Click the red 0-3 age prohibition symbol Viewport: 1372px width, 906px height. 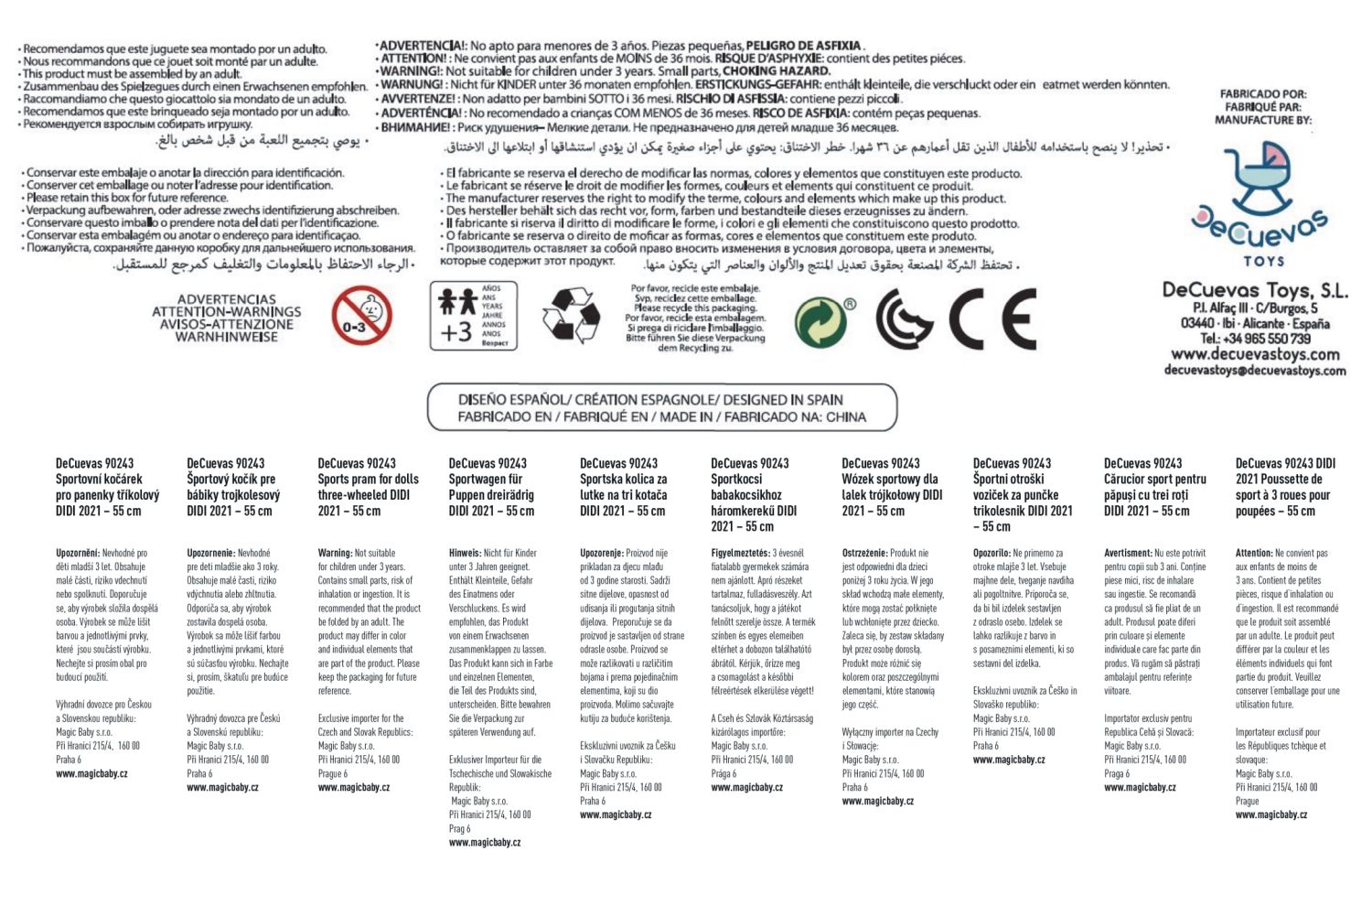[x=361, y=316]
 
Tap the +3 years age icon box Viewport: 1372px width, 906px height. [x=473, y=316]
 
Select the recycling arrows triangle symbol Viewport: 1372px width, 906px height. [x=571, y=316]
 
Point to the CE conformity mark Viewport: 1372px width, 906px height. [x=991, y=319]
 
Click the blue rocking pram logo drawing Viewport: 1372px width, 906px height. [x=1259, y=179]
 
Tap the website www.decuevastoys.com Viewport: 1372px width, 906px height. [x=1255, y=354]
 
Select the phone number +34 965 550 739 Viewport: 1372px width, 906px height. [x=1255, y=339]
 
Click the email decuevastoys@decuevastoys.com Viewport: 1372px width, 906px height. [x=1255, y=371]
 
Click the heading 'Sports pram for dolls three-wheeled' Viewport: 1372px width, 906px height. [x=368, y=487]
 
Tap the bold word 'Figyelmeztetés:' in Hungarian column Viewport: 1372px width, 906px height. [x=740, y=553]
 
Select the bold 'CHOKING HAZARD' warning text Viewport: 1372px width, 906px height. [x=777, y=70]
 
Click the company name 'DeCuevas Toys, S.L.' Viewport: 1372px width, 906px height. [x=1255, y=291]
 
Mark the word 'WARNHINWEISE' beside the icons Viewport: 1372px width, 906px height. [x=227, y=337]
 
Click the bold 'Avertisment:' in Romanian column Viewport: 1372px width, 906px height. [x=1128, y=553]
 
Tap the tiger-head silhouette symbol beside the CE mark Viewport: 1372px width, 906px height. [x=905, y=319]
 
